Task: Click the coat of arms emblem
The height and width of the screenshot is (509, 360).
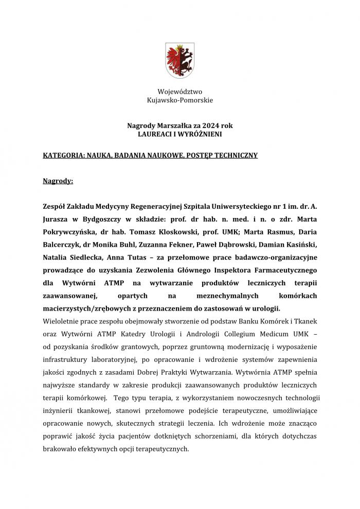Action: pos(179,60)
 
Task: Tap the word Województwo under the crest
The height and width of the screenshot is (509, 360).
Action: pos(179,92)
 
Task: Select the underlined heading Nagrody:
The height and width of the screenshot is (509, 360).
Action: pos(58,181)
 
